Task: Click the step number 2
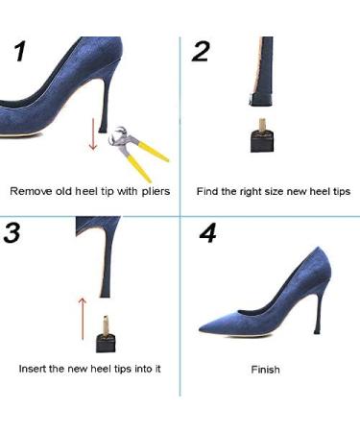200,52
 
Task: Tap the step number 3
12,233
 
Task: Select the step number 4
208,234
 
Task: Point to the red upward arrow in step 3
82,315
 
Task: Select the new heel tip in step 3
108,336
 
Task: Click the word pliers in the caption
153,191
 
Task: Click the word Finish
265,370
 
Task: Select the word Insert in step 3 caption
35,369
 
